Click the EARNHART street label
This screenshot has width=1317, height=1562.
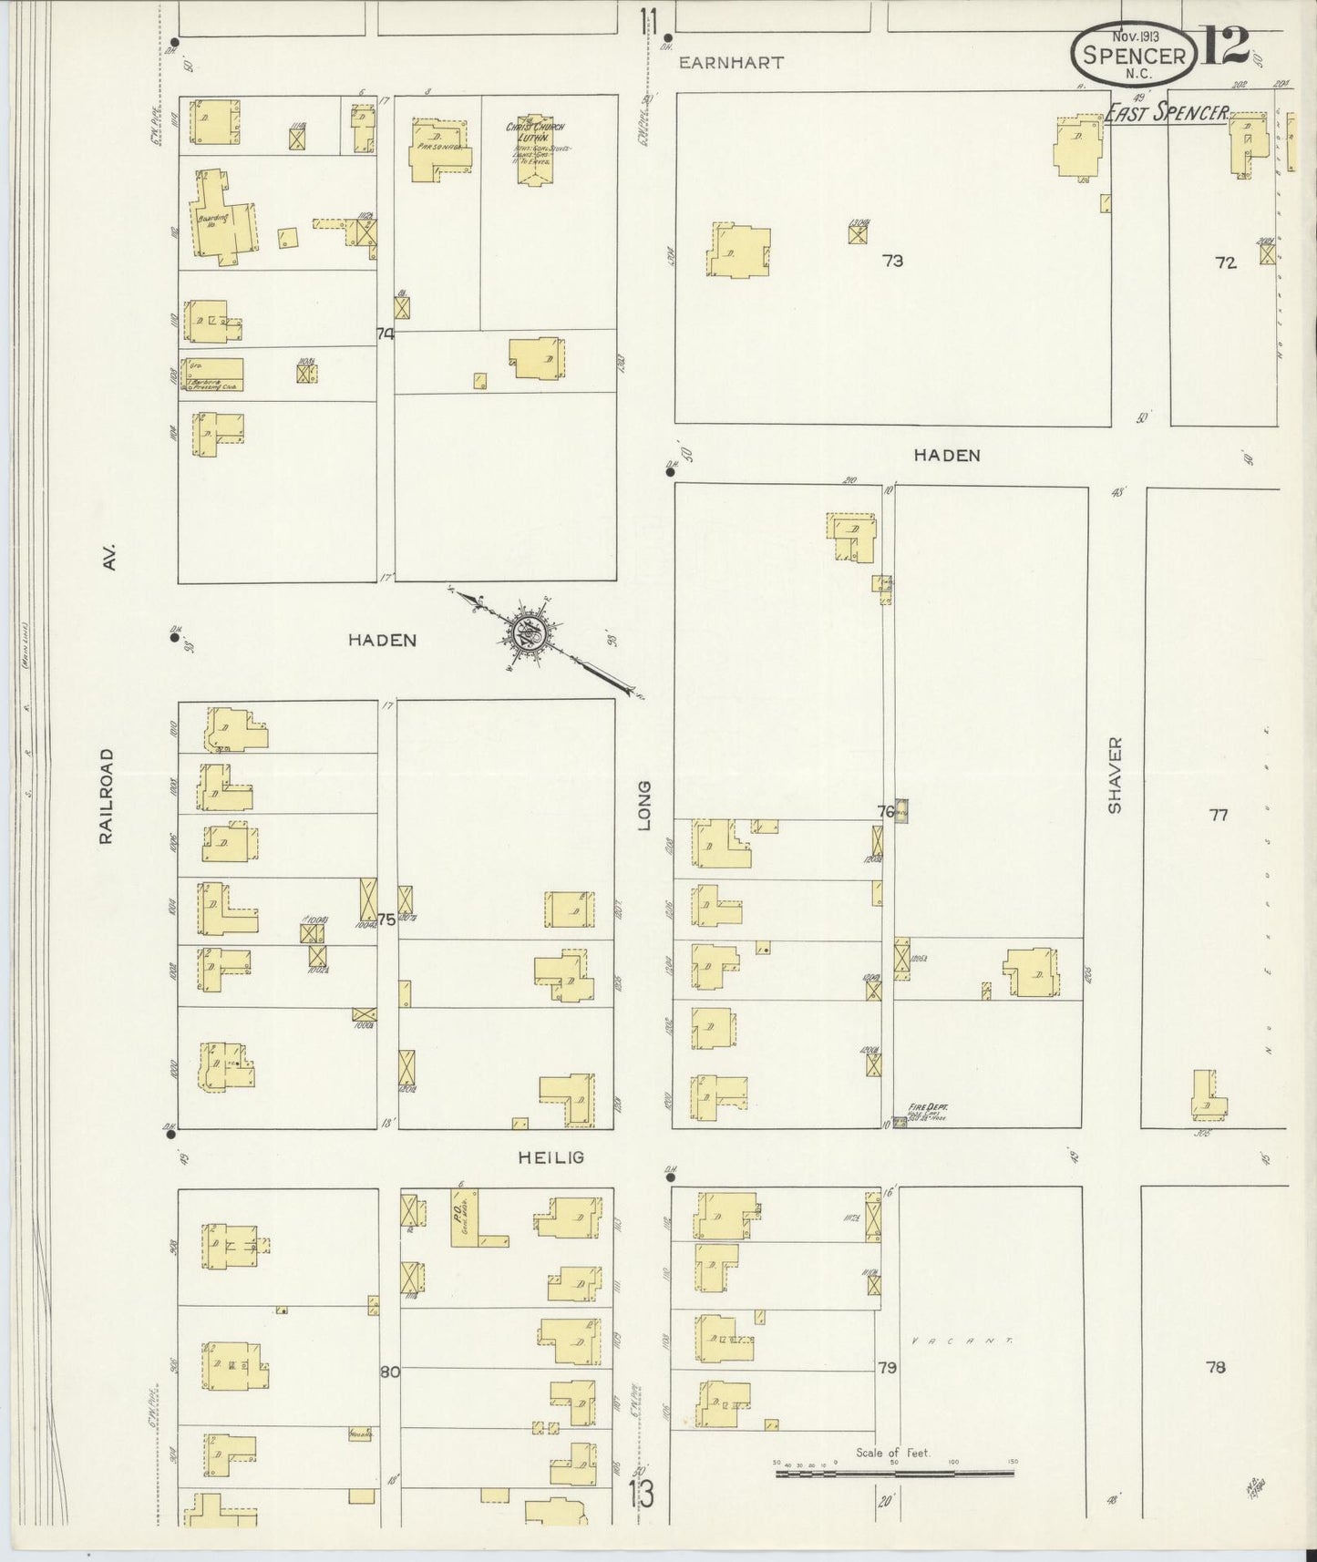(732, 63)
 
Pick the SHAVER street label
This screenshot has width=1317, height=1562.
(1114, 776)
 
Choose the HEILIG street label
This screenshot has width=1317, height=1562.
(550, 1157)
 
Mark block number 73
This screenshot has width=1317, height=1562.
(892, 261)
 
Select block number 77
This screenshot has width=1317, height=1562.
(1219, 816)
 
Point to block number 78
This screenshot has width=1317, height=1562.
(1215, 1367)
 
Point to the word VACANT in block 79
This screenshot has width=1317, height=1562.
(962, 1341)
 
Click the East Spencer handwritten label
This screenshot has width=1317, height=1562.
(1166, 113)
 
